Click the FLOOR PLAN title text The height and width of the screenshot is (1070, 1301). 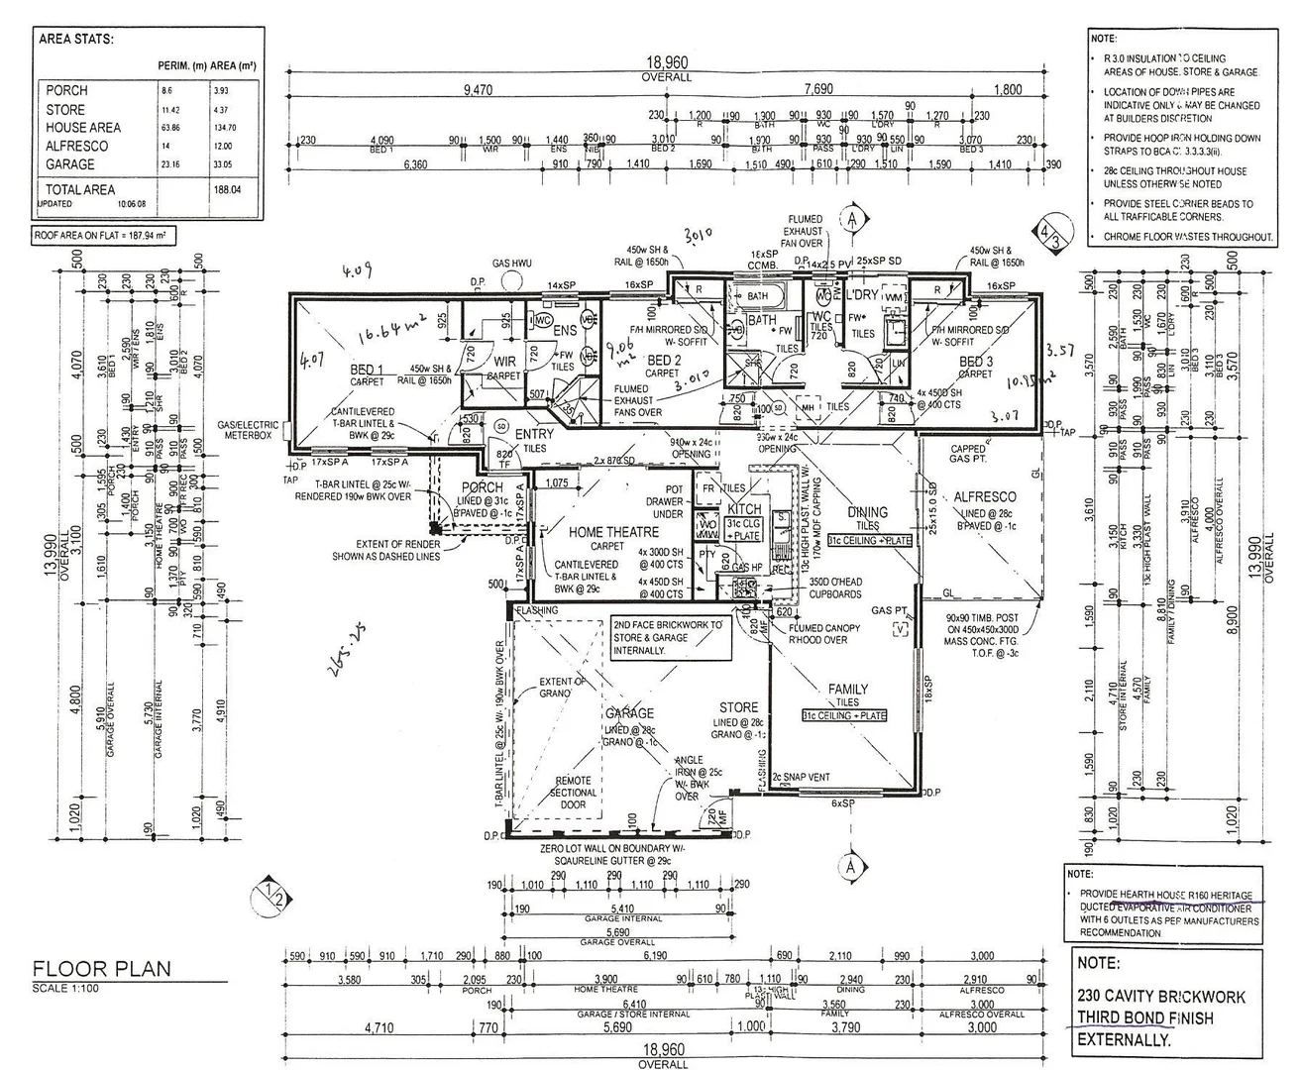[x=101, y=968]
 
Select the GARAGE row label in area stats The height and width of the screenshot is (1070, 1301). [x=70, y=164]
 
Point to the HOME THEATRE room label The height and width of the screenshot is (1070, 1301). [x=614, y=532]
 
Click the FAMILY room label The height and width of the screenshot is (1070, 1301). [x=847, y=689]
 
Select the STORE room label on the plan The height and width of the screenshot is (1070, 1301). [x=738, y=707]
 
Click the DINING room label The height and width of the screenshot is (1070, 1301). [x=868, y=512]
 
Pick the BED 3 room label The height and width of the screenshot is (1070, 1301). [x=977, y=363]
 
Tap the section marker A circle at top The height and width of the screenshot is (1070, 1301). [x=850, y=218]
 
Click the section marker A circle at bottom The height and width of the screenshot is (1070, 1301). [x=850, y=867]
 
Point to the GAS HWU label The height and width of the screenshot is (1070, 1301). [x=512, y=264]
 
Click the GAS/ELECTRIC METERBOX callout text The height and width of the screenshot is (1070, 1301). [x=250, y=429]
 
